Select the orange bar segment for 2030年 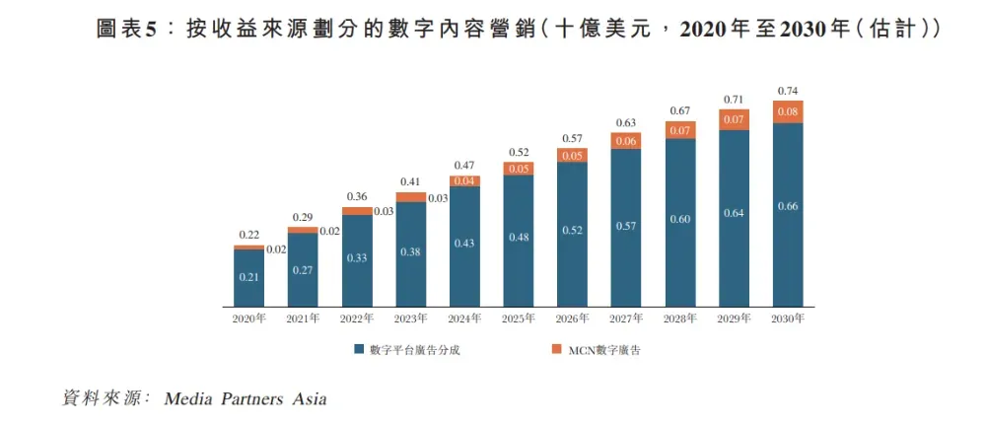788,111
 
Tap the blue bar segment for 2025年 519,240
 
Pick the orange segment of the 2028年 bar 680,130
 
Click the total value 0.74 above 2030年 788,90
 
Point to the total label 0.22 248,235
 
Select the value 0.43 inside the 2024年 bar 464,244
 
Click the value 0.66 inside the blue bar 788,205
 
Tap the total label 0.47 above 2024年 464,165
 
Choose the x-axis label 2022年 357,319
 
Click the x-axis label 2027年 626,319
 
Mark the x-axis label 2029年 735,319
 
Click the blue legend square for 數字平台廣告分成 360,350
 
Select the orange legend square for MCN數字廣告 556,350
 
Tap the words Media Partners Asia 246,399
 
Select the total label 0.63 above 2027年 626,122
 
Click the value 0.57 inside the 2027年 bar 626,226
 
